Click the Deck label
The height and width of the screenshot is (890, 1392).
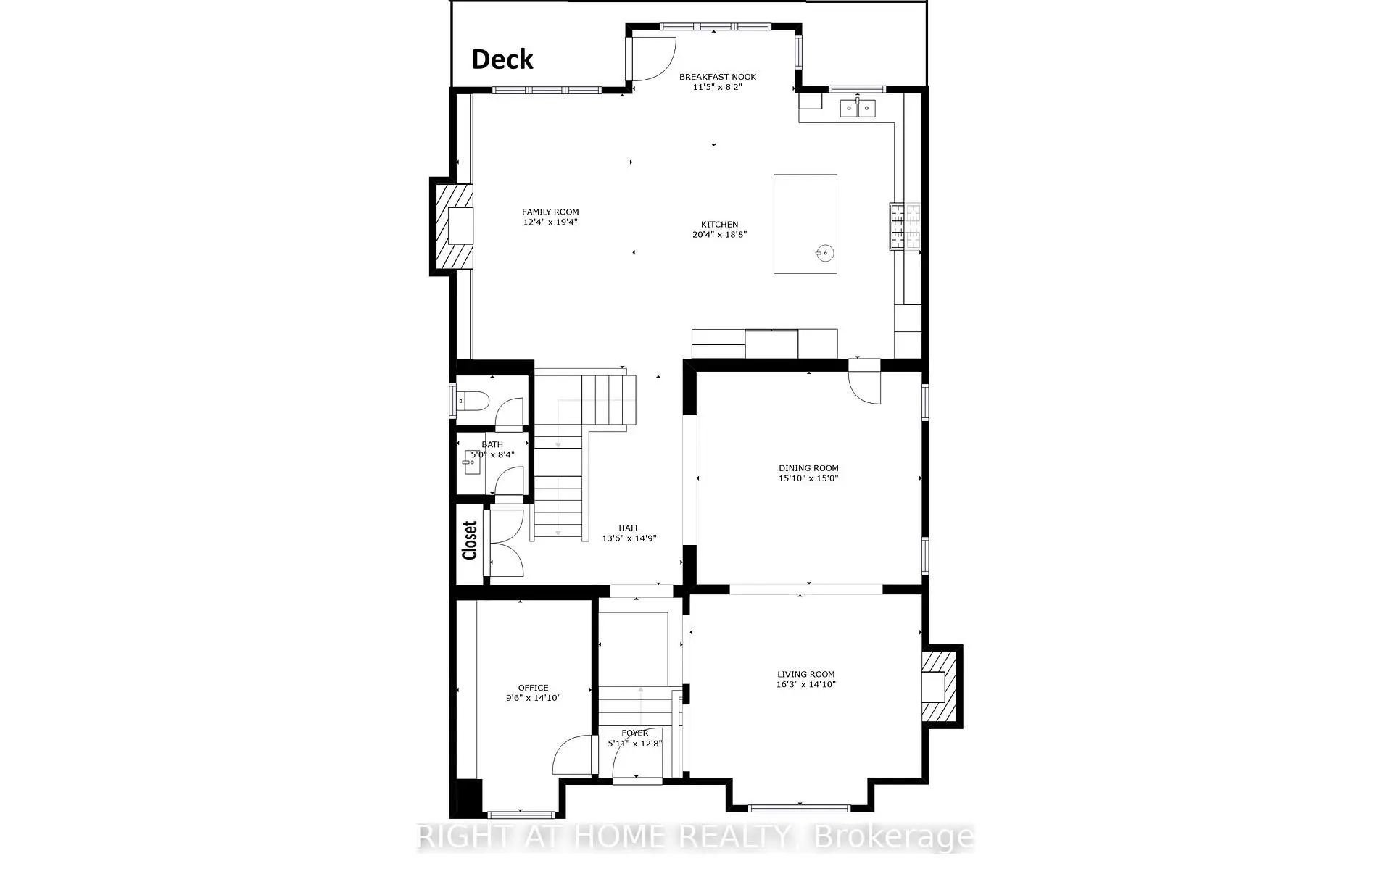pos(502,59)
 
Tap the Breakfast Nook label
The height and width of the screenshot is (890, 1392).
pos(718,77)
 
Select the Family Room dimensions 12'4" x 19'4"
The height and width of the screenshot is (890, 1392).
pos(550,222)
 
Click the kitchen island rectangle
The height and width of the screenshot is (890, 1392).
pos(805,224)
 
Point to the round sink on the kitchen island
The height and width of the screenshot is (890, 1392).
pos(824,253)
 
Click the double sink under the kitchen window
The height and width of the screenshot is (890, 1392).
pos(858,109)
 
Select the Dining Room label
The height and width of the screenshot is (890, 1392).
pos(808,468)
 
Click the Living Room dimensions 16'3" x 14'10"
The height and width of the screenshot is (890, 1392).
pos(806,684)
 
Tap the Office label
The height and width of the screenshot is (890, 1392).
pos(533,688)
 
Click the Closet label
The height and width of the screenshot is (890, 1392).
pos(470,541)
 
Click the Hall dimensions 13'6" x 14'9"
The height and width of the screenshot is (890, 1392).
pos(629,538)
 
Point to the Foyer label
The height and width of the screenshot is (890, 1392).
pos(635,733)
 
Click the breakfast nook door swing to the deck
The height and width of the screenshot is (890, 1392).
pos(652,59)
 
